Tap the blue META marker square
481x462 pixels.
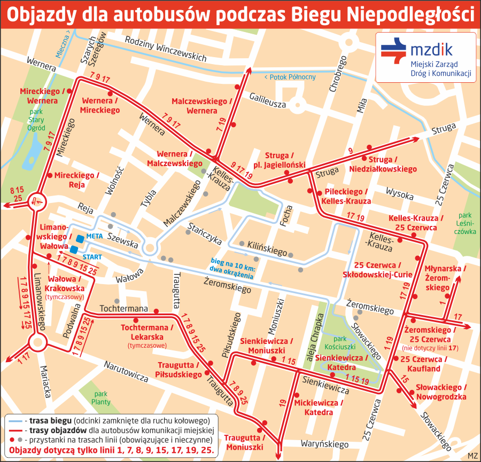coord(80,238)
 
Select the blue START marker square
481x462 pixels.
coord(74,249)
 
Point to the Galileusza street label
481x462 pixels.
coord(268,100)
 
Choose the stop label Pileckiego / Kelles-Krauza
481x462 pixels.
coord(346,197)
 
